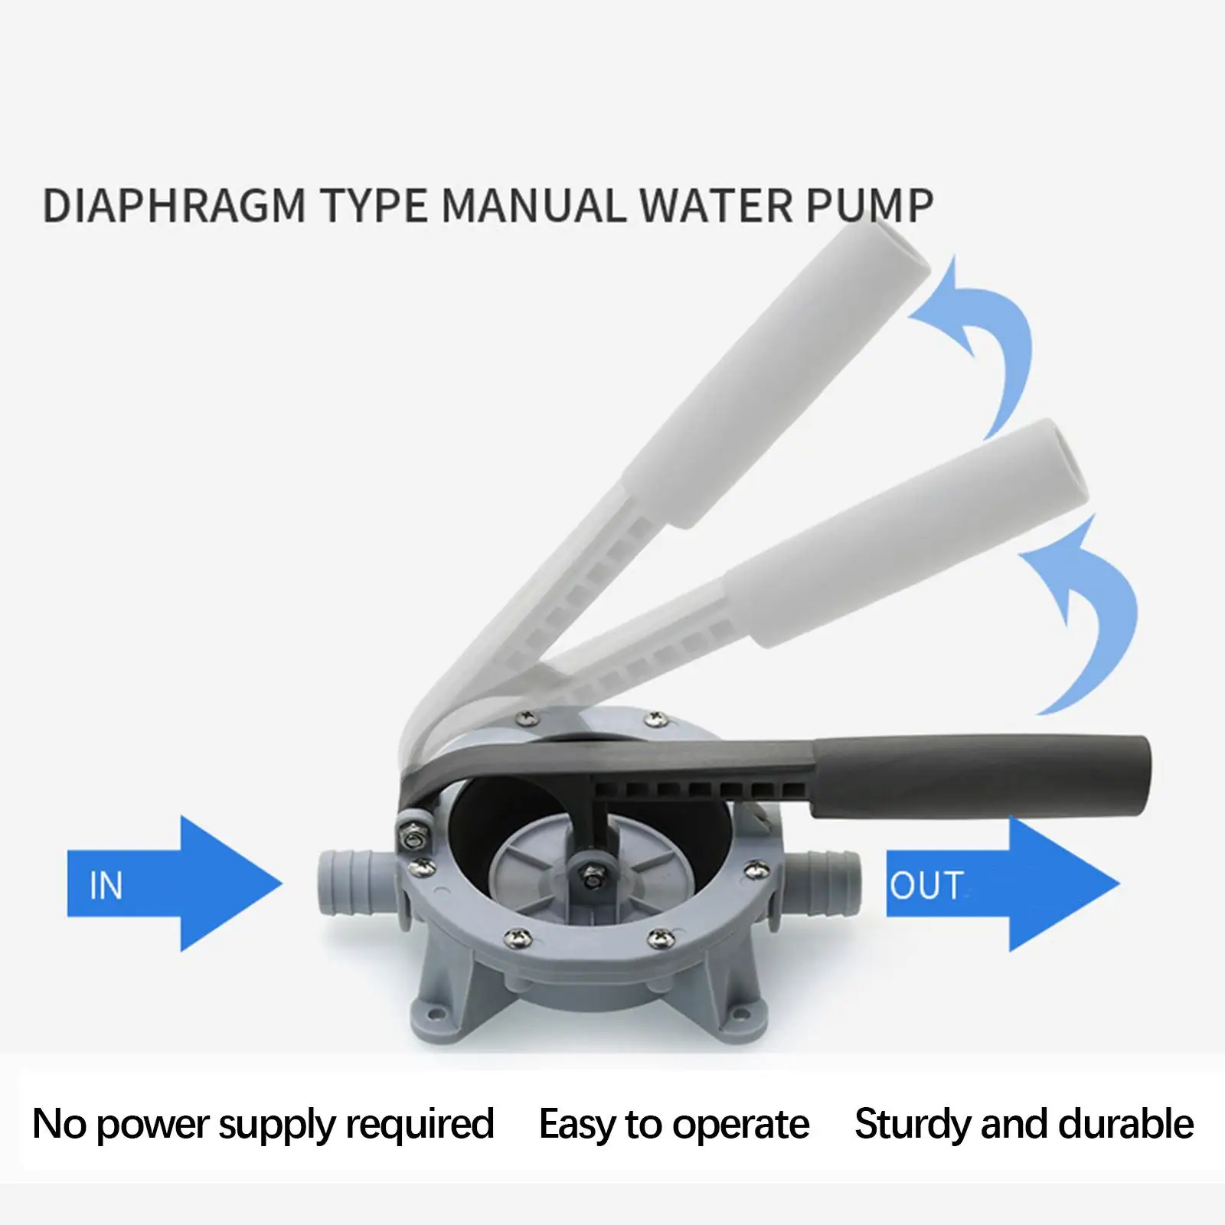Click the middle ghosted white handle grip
point(903,536)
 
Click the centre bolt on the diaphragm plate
point(590,872)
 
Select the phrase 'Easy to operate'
point(674,1125)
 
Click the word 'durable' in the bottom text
point(1133,1125)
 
